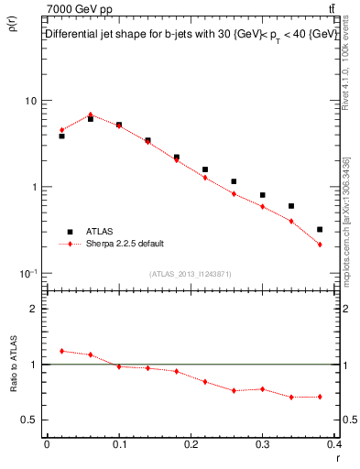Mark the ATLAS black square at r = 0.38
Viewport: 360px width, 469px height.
coord(320,230)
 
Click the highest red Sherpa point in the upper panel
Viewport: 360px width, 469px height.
coord(90,115)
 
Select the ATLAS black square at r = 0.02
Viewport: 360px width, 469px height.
coord(61,136)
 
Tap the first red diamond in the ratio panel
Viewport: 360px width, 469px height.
coord(61,351)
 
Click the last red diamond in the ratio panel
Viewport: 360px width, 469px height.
coord(320,397)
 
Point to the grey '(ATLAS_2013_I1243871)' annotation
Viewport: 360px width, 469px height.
coord(190,274)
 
